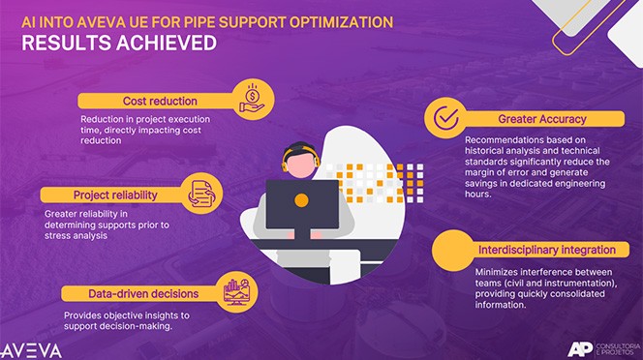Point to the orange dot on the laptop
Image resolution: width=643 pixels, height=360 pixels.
[301, 200]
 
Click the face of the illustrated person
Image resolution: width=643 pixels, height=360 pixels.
[298, 162]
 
